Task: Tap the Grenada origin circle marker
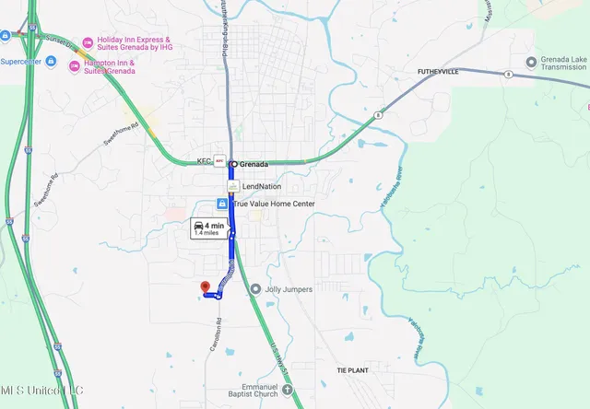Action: (x=233, y=164)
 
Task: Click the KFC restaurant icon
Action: (x=219, y=160)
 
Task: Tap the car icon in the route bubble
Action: (x=198, y=225)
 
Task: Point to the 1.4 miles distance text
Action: (x=206, y=234)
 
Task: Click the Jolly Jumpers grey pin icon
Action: (x=254, y=289)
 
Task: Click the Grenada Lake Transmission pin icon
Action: (x=531, y=62)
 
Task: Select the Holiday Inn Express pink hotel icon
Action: (x=88, y=41)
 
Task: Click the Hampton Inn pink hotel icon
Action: (x=75, y=65)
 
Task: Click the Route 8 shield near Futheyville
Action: (x=507, y=74)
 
